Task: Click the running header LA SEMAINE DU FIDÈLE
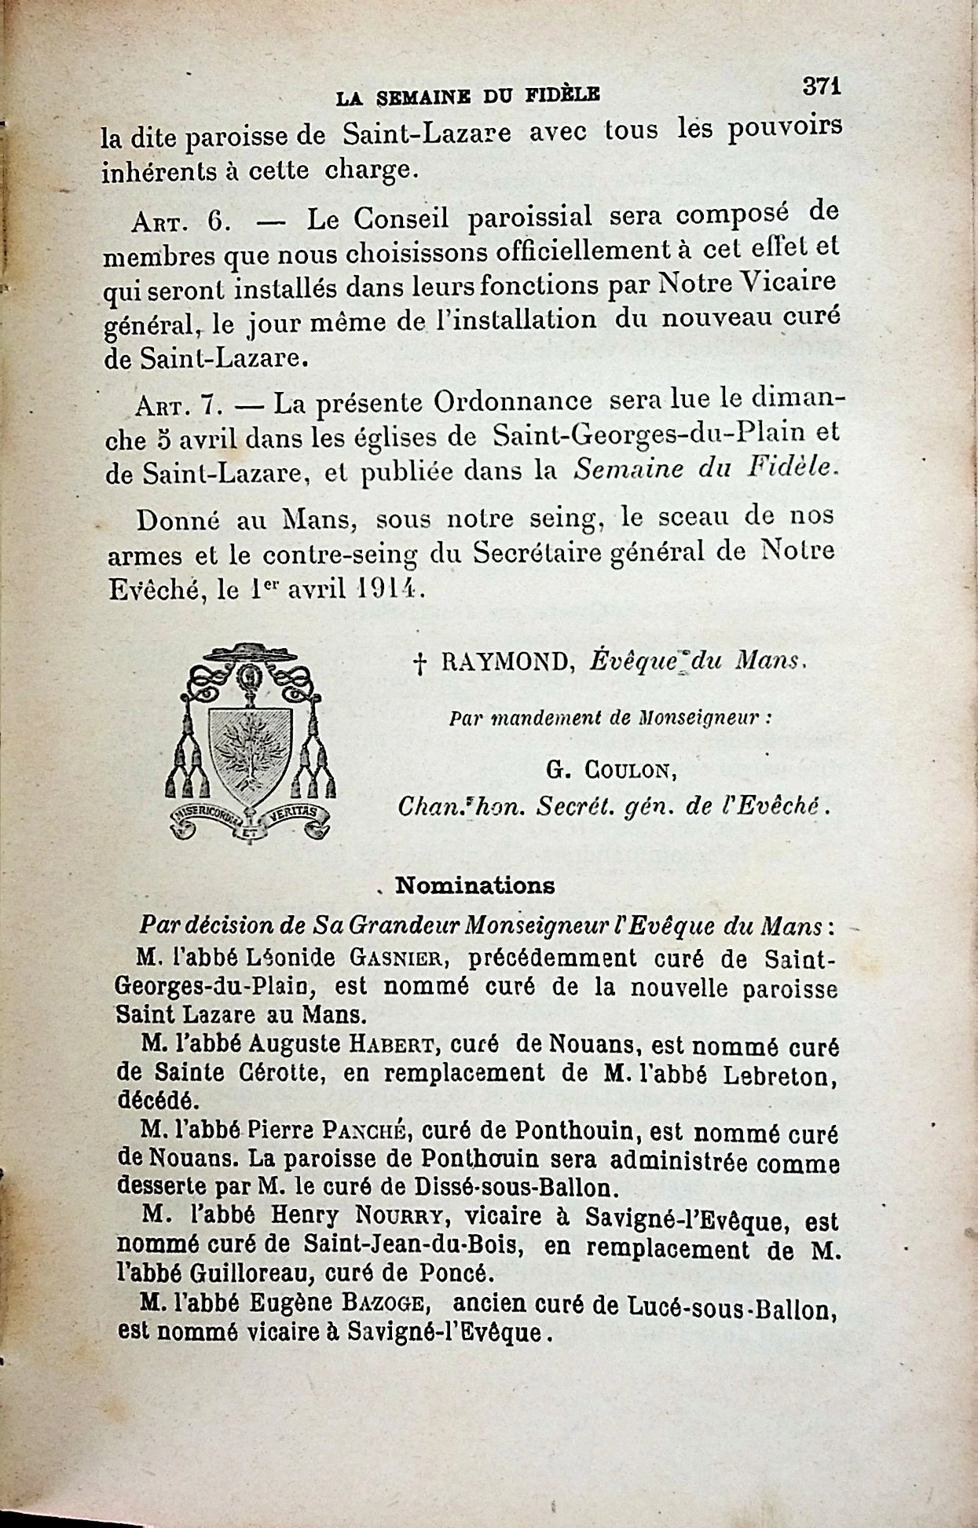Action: pos(468,97)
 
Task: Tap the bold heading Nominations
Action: pos(474,885)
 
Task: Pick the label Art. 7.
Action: pos(180,405)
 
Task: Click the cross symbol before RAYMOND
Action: pos(419,664)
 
